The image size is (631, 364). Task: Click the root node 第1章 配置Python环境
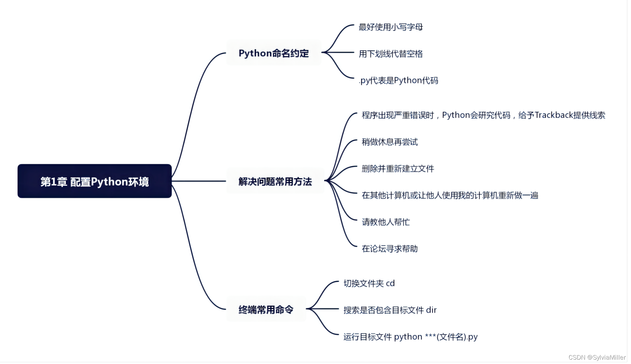94,181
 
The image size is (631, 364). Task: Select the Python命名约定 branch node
274,53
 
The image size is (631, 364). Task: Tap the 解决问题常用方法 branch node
275,181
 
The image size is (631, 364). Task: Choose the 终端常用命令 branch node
266,309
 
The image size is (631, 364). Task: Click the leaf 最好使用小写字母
391,27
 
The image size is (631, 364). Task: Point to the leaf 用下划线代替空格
391,54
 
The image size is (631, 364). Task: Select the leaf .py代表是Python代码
398,81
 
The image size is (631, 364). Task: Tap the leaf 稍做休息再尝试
390,142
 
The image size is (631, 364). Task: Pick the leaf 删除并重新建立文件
398,168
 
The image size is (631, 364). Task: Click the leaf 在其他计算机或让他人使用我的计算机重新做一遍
450,195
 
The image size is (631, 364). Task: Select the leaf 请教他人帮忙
386,222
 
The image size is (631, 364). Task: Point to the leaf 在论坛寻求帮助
390,249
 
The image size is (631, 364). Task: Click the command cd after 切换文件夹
390,283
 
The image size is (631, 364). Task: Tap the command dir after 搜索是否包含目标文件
431,310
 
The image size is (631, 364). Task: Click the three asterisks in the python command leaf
430,336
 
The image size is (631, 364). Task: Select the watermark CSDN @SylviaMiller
597,357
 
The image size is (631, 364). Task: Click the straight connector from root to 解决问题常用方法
199,181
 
